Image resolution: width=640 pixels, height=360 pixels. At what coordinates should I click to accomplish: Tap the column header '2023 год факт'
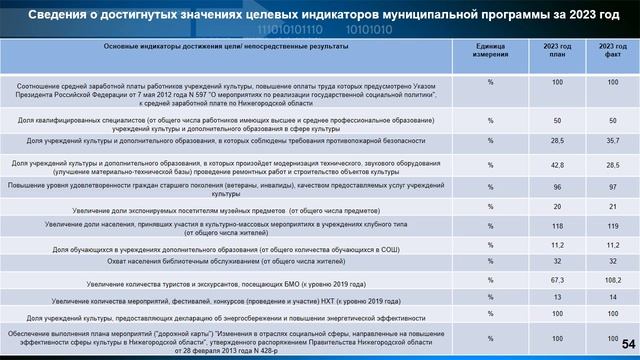[606, 51]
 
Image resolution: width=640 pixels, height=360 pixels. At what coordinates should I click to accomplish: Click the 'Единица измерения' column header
[490, 51]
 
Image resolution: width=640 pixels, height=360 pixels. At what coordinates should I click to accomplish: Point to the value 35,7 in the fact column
[606, 143]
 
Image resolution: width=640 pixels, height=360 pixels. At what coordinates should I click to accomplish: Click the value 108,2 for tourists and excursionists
[606, 281]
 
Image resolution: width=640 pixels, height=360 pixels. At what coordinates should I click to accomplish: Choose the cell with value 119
[606, 227]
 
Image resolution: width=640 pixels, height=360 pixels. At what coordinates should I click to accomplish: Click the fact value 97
[606, 187]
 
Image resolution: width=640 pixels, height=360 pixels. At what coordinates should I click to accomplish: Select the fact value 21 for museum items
[606, 207]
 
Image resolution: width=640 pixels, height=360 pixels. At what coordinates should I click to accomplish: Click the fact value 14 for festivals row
[606, 298]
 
